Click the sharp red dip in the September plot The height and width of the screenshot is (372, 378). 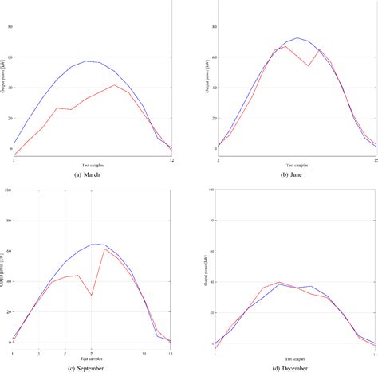92,296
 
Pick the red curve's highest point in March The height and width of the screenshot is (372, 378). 115,85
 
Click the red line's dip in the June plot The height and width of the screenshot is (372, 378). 308,65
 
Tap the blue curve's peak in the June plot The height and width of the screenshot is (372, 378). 297,37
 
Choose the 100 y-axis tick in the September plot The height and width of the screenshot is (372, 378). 8,190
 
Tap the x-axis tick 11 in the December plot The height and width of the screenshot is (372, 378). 375,351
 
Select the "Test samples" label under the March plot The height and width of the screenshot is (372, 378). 93,165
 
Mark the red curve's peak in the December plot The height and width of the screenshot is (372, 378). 278,282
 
